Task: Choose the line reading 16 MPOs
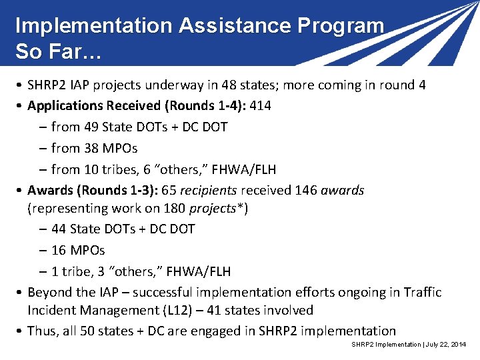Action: (78, 250)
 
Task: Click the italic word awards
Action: (342, 191)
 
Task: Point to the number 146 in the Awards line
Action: (305, 191)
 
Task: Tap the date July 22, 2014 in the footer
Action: (444, 344)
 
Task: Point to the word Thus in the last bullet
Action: (41, 331)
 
